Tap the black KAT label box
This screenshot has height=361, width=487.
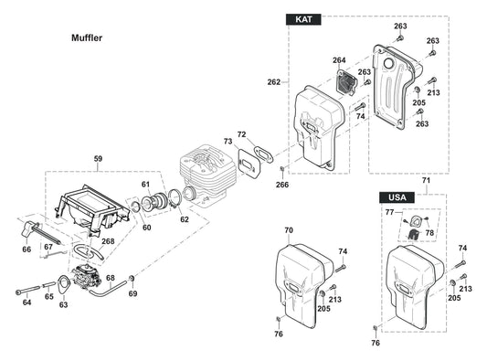tap(302, 20)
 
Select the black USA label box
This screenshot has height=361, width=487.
tap(396, 196)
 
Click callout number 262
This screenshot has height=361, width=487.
tap(273, 82)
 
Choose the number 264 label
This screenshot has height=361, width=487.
tap(339, 60)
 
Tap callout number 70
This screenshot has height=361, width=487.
tap(289, 229)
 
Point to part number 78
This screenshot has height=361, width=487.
tap(429, 232)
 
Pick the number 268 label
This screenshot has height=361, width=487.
tap(108, 241)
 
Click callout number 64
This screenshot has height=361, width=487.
tap(27, 302)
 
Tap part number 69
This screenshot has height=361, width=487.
tap(132, 293)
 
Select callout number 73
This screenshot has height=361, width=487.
tap(228, 142)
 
